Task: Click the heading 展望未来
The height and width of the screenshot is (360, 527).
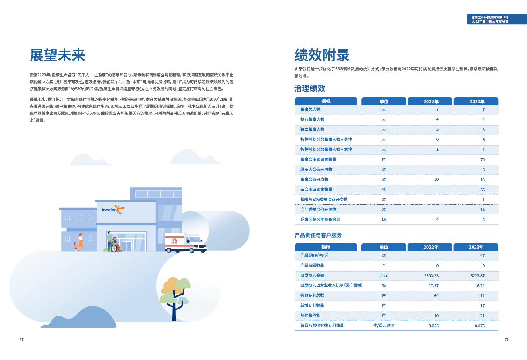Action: coord(57,55)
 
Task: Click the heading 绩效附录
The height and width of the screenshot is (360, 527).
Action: coord(322,55)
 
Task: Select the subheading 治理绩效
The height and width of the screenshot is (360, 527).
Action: coord(310,88)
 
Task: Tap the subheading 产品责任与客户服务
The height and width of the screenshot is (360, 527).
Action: coord(318,235)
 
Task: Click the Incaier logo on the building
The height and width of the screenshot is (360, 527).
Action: coord(113,210)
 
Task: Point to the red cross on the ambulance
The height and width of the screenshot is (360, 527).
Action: coord(174,241)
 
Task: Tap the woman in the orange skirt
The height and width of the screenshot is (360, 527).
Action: coord(81,242)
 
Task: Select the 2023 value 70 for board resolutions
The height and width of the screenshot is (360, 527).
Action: coord(483,160)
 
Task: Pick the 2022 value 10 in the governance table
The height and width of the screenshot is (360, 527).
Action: coord(436,180)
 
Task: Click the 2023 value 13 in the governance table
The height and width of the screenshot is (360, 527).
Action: coord(483,180)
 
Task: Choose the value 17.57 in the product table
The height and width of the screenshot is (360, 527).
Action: coord(433,285)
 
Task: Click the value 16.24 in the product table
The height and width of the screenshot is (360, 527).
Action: coord(479,285)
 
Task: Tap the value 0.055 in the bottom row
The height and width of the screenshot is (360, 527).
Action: coord(433,326)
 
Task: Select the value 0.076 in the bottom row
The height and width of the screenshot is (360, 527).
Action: coord(479,326)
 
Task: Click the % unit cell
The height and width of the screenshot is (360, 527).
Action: coord(384,285)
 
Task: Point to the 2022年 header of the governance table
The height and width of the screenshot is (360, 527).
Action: coord(431,102)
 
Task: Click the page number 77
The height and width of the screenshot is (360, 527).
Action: coord(21,340)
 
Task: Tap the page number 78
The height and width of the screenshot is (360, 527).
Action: coord(507,340)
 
